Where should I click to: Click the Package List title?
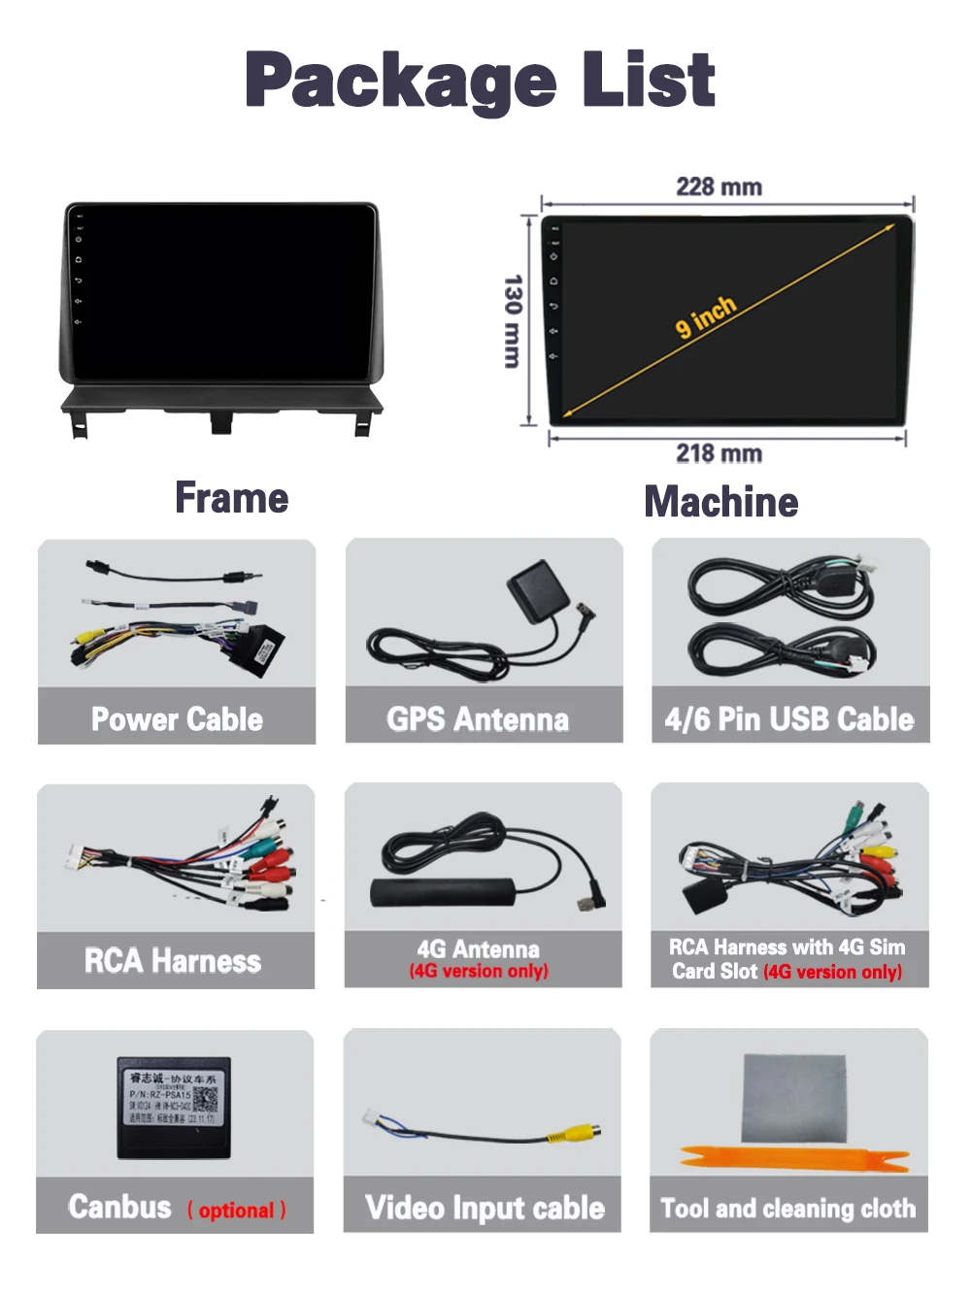(480, 80)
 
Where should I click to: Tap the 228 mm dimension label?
(719, 186)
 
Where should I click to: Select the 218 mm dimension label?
(719, 453)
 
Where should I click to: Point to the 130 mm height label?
(513, 320)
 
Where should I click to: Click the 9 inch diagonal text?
(706, 316)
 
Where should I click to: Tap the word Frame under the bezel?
(231, 498)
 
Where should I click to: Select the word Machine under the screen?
(721, 502)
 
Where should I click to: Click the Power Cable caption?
(177, 719)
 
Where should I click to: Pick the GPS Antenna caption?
(478, 719)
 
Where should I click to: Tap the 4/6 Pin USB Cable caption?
(789, 719)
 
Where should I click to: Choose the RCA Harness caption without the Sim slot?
(173, 961)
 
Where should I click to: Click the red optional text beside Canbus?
(236, 1211)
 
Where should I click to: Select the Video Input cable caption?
(485, 1208)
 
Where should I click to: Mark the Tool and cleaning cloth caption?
(787, 1209)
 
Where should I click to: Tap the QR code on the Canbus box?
(206, 1101)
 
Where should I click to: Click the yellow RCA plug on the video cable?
(574, 1133)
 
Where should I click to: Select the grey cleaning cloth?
(792, 1098)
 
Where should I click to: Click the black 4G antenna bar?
(443, 892)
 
